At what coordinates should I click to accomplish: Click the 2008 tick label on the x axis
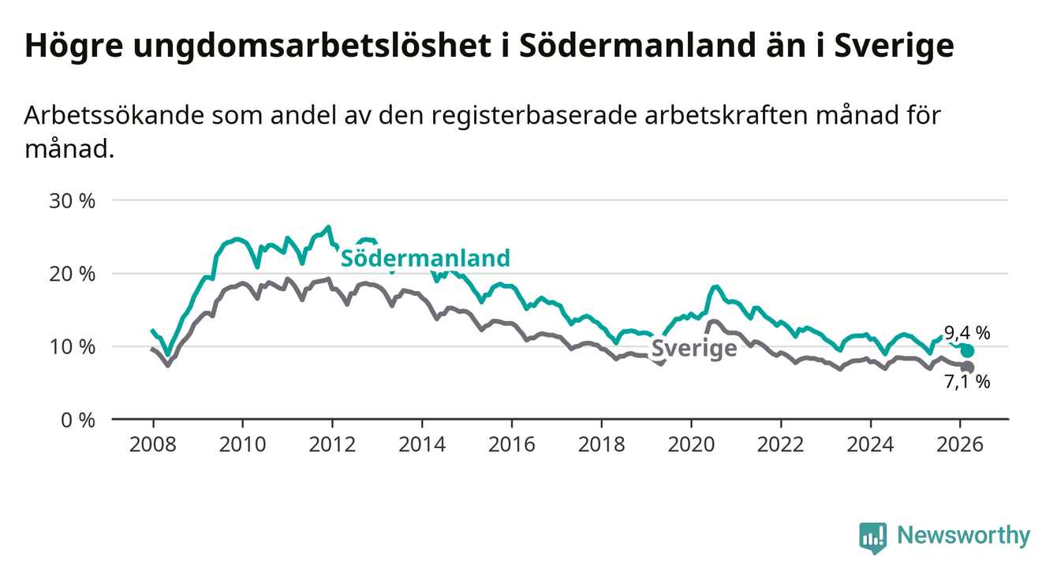coord(152,443)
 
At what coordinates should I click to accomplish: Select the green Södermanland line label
coord(425,258)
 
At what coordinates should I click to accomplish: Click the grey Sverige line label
coord(693,349)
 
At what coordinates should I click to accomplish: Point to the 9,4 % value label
coord(966,334)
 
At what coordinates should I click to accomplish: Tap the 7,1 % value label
coord(966,383)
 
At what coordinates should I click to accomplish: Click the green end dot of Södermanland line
coord(968,351)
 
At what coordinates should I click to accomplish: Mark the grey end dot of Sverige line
coord(968,368)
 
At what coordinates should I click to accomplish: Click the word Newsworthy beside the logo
coord(964,536)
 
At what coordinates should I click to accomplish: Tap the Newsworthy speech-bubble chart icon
coord(872,537)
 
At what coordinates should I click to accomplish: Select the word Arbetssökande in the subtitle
coord(114,115)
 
